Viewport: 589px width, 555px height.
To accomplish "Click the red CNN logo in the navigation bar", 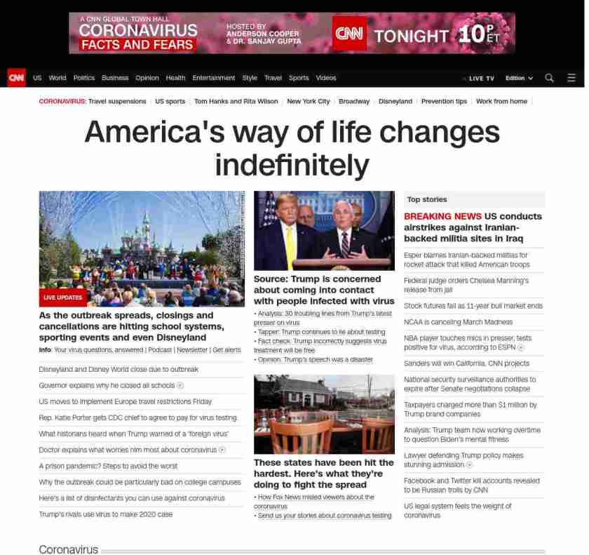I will coord(16,78).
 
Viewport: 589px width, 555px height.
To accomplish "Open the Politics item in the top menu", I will coord(83,78).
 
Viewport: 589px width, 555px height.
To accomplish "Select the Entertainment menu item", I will coord(213,78).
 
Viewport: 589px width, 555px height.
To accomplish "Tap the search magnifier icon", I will coord(549,78).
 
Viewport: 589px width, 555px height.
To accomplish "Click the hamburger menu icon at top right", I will coord(571,78).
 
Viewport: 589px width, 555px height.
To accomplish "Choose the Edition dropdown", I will coord(519,78).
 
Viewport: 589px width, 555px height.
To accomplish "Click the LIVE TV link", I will coord(480,78).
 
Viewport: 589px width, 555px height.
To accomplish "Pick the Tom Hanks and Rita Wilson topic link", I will coord(236,101).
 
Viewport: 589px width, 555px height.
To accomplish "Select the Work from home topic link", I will coord(501,101).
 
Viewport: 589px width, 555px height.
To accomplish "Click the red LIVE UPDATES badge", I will coord(63,297).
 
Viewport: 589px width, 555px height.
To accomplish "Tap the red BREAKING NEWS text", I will coord(442,216).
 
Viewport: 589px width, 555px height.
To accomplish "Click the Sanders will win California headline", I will coord(466,363).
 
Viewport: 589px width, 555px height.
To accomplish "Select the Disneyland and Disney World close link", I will coord(119,369).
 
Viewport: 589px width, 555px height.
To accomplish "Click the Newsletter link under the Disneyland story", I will coord(192,349).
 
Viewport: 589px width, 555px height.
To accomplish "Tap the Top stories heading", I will coord(426,200).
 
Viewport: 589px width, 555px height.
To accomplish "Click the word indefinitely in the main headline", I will coord(292,165).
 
